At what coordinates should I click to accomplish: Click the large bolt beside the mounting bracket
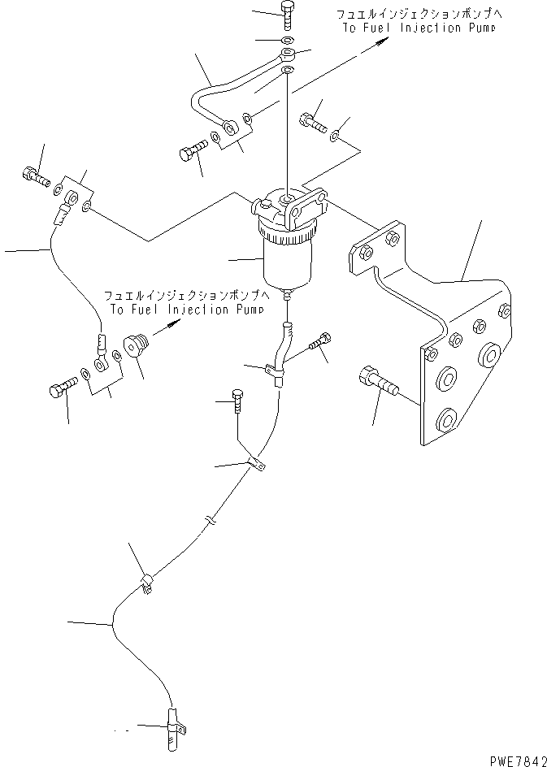[375, 379]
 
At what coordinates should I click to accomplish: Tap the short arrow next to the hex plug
[170, 326]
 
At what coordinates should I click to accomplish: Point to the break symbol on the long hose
[209, 520]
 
